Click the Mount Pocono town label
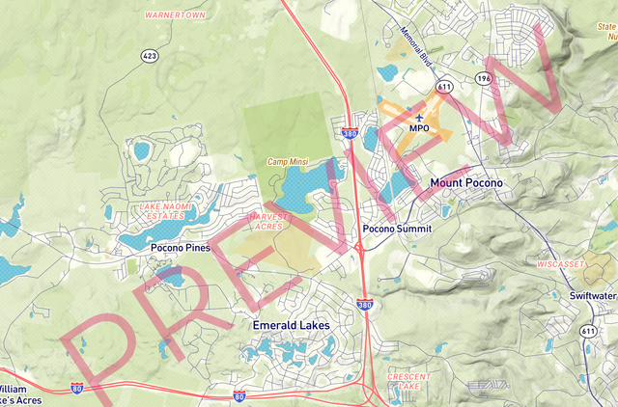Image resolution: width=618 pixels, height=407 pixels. pyautogui.click(x=466, y=182)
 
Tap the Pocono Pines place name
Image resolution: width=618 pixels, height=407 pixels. pyautogui.click(x=181, y=248)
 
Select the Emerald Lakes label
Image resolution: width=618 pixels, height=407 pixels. pyautogui.click(x=291, y=325)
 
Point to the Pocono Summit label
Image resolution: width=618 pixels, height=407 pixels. pyautogui.click(x=396, y=230)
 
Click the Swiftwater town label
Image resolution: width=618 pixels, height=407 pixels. pyautogui.click(x=592, y=296)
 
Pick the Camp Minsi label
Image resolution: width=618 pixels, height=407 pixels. pyautogui.click(x=289, y=162)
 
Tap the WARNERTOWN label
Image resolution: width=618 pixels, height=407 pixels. pyautogui.click(x=176, y=15)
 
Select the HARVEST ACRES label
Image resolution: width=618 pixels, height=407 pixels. pyautogui.click(x=269, y=223)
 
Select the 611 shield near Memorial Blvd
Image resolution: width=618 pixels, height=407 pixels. pyautogui.click(x=444, y=87)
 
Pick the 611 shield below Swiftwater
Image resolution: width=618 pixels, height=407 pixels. pyautogui.click(x=589, y=331)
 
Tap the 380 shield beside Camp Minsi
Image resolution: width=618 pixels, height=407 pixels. pyautogui.click(x=349, y=133)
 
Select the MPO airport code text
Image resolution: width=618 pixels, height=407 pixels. pyautogui.click(x=419, y=128)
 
